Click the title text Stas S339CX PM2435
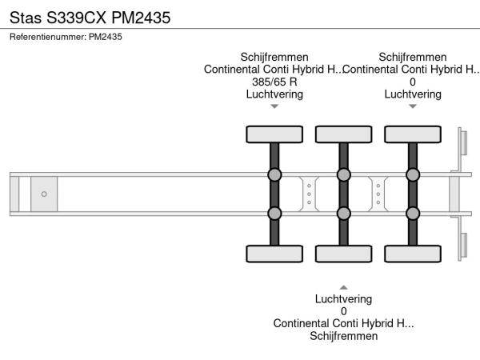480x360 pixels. click(90, 16)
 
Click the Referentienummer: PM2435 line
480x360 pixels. click(66, 37)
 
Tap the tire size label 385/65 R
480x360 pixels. click(274, 82)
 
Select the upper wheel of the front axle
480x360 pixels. click(274, 134)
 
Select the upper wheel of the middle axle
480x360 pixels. click(344, 134)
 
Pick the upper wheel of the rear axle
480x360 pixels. click(413, 134)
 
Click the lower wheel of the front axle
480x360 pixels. click(274, 254)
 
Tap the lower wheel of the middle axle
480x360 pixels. click(344, 254)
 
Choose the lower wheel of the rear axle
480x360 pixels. click(413, 254)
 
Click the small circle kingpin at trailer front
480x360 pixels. click(44, 194)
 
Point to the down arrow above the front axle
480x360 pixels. click(274, 106)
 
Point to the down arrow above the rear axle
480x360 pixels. click(413, 106)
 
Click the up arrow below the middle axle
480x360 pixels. click(344, 287)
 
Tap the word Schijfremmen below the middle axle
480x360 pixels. click(344, 336)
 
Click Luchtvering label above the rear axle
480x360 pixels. click(413, 94)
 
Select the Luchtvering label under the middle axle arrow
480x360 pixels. click(344, 299)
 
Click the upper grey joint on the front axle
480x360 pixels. click(274, 175)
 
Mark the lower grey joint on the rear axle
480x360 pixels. click(413, 213)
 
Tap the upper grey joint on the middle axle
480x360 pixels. click(344, 175)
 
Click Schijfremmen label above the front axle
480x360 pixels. click(274, 57)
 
